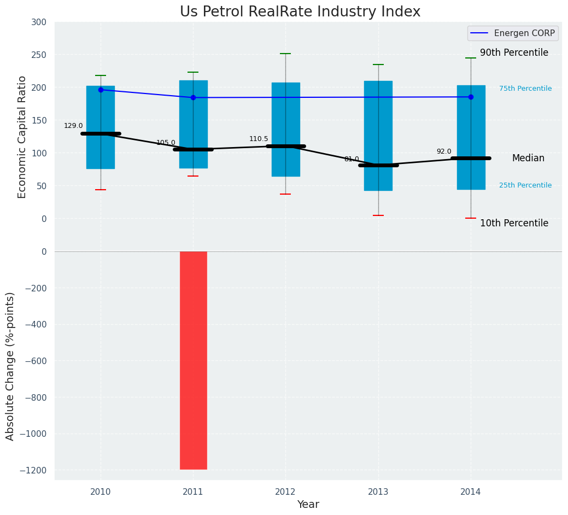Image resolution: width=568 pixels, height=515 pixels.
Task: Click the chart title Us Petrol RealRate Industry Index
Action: coord(300,12)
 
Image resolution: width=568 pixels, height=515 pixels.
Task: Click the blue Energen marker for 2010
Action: coord(101,90)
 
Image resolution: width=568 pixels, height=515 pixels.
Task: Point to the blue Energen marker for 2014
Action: coord(471,97)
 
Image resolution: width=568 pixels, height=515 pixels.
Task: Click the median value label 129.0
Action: coord(73,126)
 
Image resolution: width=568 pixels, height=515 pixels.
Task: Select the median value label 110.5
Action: coord(259,139)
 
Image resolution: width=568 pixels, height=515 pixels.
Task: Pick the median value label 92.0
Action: coord(444,151)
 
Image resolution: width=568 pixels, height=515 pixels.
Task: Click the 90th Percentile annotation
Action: coord(514,53)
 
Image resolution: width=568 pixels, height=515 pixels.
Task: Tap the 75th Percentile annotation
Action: coord(525,89)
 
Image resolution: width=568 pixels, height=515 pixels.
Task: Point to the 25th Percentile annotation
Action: coord(525,185)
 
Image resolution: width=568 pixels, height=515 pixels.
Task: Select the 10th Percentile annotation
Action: coord(514,223)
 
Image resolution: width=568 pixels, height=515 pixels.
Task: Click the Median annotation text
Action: coord(528,159)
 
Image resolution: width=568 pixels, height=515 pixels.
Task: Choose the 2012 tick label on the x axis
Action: coord(285,492)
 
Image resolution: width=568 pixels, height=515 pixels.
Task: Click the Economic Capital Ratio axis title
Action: coord(22,137)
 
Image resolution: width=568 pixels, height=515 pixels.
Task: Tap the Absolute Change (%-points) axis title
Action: coord(10,366)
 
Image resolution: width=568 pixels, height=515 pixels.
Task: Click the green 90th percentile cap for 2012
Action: coord(285,54)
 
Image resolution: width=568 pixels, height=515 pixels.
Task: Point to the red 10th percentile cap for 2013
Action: coord(378,215)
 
